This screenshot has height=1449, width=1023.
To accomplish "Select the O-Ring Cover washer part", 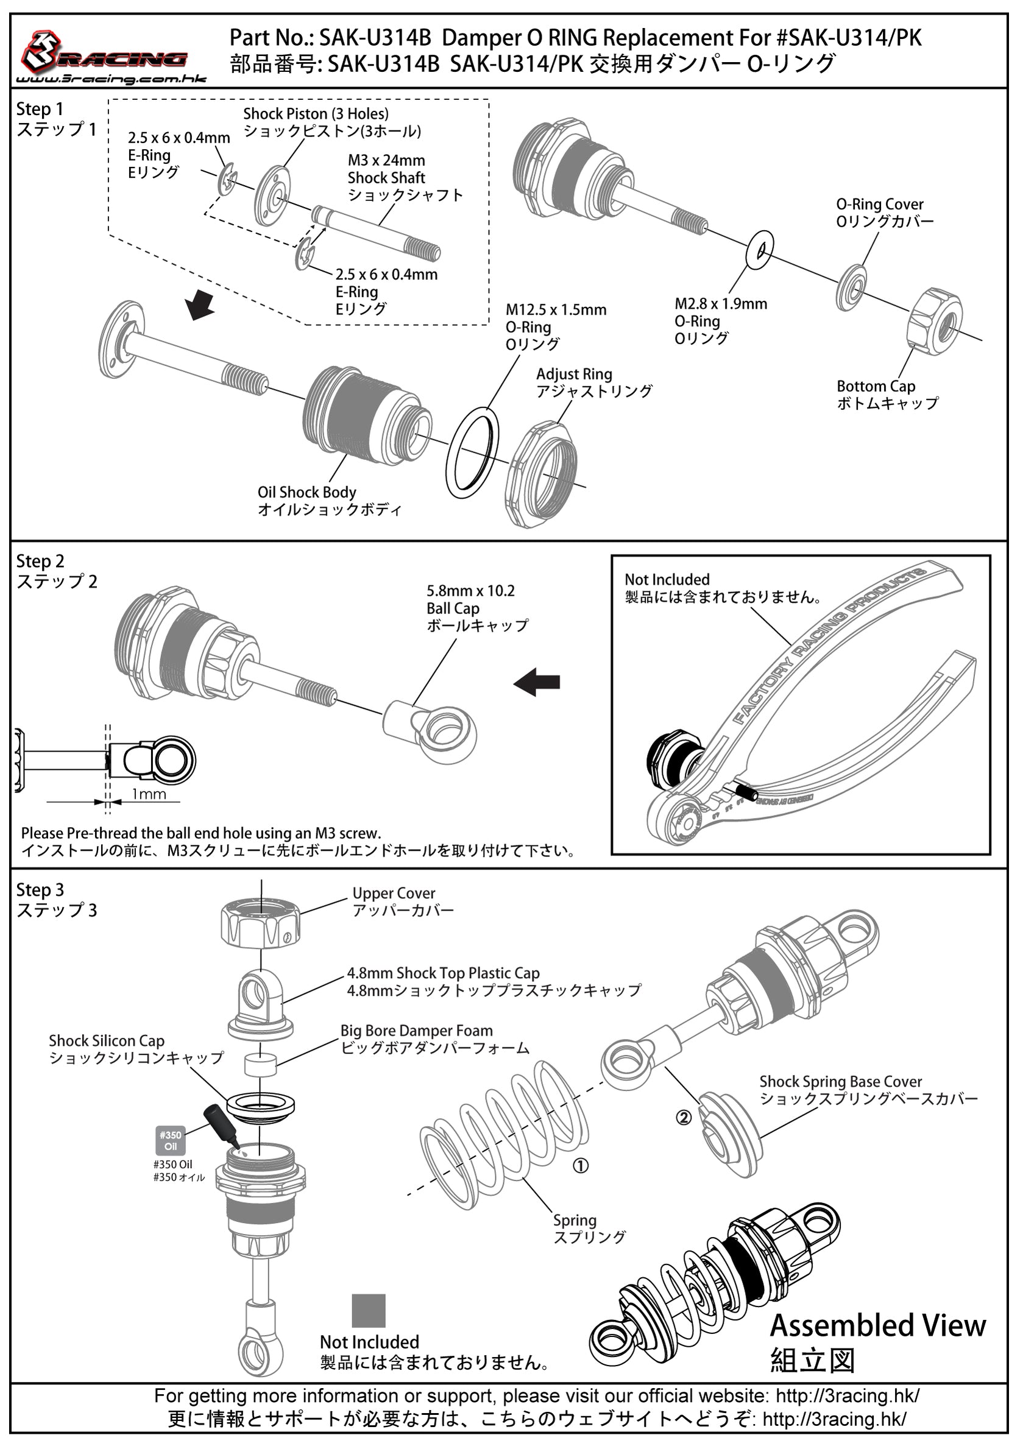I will coord(852,287).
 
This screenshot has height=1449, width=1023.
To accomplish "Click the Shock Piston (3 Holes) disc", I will coord(272,196).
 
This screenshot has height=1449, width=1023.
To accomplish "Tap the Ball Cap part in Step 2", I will coord(430,726).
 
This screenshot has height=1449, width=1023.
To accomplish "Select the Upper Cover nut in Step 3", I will coord(261,923).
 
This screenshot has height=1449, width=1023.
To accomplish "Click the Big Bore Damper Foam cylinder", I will coord(261,1066).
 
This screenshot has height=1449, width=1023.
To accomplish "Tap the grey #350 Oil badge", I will coord(171,1140).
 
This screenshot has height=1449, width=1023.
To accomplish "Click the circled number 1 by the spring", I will coord(580,1166).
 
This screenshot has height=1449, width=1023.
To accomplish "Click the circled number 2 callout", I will coord(684,1118).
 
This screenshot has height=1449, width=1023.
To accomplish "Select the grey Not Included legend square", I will coord(369,1311).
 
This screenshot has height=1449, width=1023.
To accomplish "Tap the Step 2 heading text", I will coord(40,561).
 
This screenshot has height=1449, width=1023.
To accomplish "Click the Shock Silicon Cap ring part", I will coord(260,1105).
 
